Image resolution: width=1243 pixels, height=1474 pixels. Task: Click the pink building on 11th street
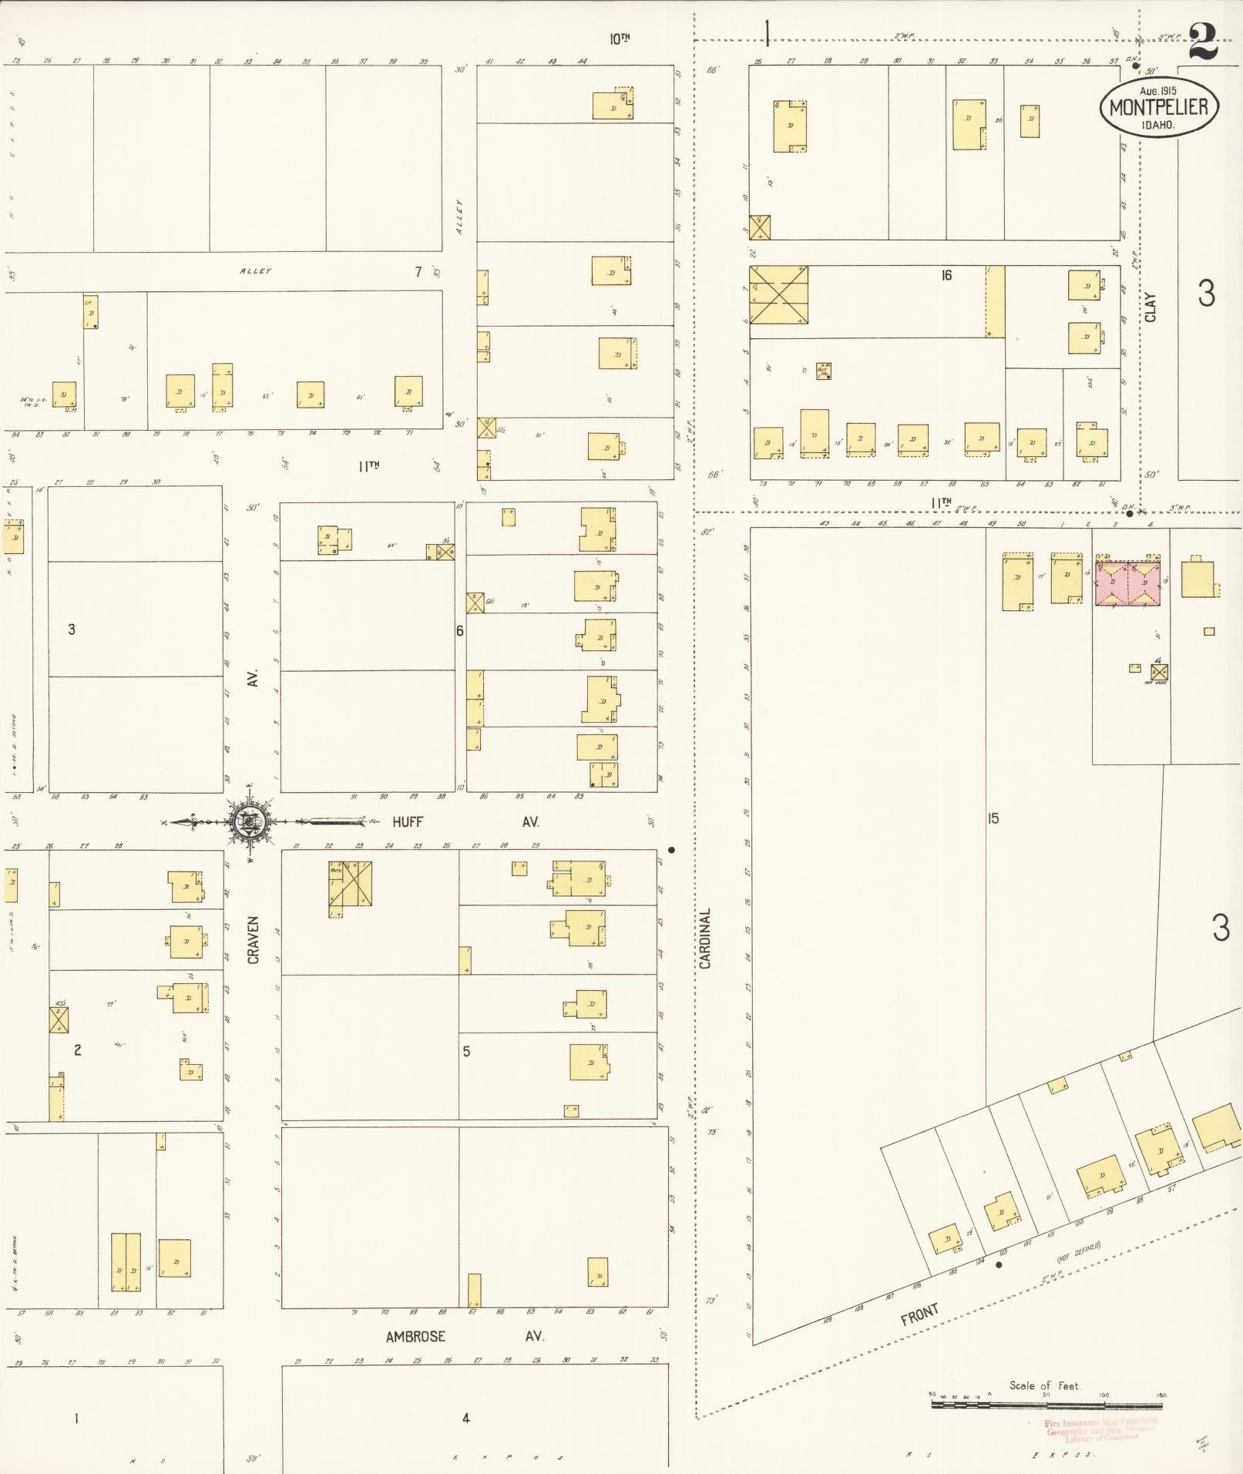coord(1128,583)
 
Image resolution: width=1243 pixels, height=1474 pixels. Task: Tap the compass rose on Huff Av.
coord(249,822)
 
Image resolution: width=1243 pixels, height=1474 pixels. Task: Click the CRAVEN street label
coord(253,940)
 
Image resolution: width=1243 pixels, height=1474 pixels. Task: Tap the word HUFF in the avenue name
coord(408,822)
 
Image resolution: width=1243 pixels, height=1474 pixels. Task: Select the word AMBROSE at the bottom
coord(415,1336)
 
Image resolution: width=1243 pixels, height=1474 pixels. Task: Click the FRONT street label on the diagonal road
coord(920,1315)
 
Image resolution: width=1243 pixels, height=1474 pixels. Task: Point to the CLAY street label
coord(1151,307)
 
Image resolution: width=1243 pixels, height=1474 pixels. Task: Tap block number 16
coord(946,275)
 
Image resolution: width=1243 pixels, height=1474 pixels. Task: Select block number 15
coord(993,818)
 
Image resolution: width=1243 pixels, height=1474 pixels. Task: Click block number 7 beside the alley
coord(418,271)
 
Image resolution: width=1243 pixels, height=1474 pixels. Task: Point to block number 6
coord(460,630)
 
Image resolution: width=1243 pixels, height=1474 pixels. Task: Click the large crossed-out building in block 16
coord(779,294)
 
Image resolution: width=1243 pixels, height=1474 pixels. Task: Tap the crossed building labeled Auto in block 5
coord(351,883)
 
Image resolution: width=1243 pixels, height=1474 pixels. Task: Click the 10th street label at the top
coord(620,39)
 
